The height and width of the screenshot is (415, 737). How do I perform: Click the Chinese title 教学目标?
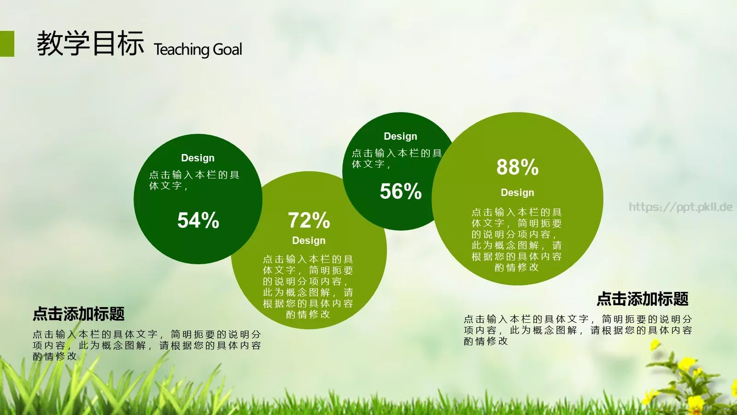coord(90,43)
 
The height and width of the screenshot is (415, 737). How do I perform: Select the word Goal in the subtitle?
coord(228,49)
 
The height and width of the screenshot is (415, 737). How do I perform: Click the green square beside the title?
coord(7,44)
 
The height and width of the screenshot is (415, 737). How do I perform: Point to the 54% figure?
coord(198,220)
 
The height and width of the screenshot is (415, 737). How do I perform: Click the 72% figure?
coord(309,220)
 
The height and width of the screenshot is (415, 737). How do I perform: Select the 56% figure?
coord(401,191)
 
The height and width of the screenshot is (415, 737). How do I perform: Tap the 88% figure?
coord(518,167)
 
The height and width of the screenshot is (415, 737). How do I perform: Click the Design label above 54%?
coord(198,158)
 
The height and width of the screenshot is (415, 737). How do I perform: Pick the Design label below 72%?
coord(309,240)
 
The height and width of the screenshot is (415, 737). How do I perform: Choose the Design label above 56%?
coord(400,136)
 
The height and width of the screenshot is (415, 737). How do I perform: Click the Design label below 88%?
coord(518,192)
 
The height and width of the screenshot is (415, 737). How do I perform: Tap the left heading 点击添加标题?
coord(79,314)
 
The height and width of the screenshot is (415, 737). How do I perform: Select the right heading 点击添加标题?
coord(643,299)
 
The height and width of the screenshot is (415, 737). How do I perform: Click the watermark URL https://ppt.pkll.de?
coord(681,207)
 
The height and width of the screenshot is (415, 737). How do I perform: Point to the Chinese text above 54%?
coord(194,180)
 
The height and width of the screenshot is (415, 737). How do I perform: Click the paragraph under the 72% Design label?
coord(308,286)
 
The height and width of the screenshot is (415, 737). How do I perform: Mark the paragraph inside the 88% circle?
coord(516,239)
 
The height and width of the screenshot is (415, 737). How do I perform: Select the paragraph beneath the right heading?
coord(578,330)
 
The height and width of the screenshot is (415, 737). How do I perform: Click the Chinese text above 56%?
coord(397,159)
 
